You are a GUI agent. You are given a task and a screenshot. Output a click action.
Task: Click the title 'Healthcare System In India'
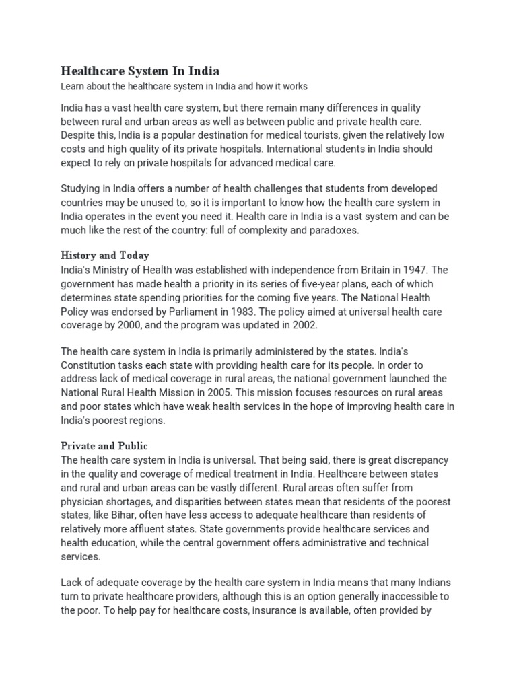click(x=140, y=71)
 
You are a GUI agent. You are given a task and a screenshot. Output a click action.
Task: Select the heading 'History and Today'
click(x=104, y=256)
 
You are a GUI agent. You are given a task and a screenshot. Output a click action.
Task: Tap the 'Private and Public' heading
click(x=104, y=446)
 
